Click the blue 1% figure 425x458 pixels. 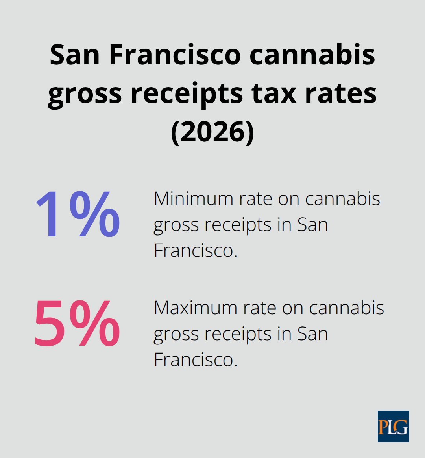click(x=78, y=214)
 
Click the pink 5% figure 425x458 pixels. click(x=77, y=324)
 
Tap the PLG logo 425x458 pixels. click(x=393, y=427)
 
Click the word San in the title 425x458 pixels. click(x=75, y=55)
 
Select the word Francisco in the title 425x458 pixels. click(x=174, y=55)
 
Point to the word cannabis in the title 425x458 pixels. click(x=312, y=55)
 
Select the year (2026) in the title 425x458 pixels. click(x=213, y=132)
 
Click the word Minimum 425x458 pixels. click(x=194, y=199)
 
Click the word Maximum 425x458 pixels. click(x=196, y=308)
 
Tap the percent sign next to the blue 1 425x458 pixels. click(x=94, y=214)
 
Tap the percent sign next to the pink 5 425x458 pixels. click(x=94, y=324)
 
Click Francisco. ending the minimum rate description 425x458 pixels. click(x=196, y=251)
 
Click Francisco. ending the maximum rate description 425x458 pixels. click(x=196, y=360)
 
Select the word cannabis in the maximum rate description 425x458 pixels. click(x=346, y=308)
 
